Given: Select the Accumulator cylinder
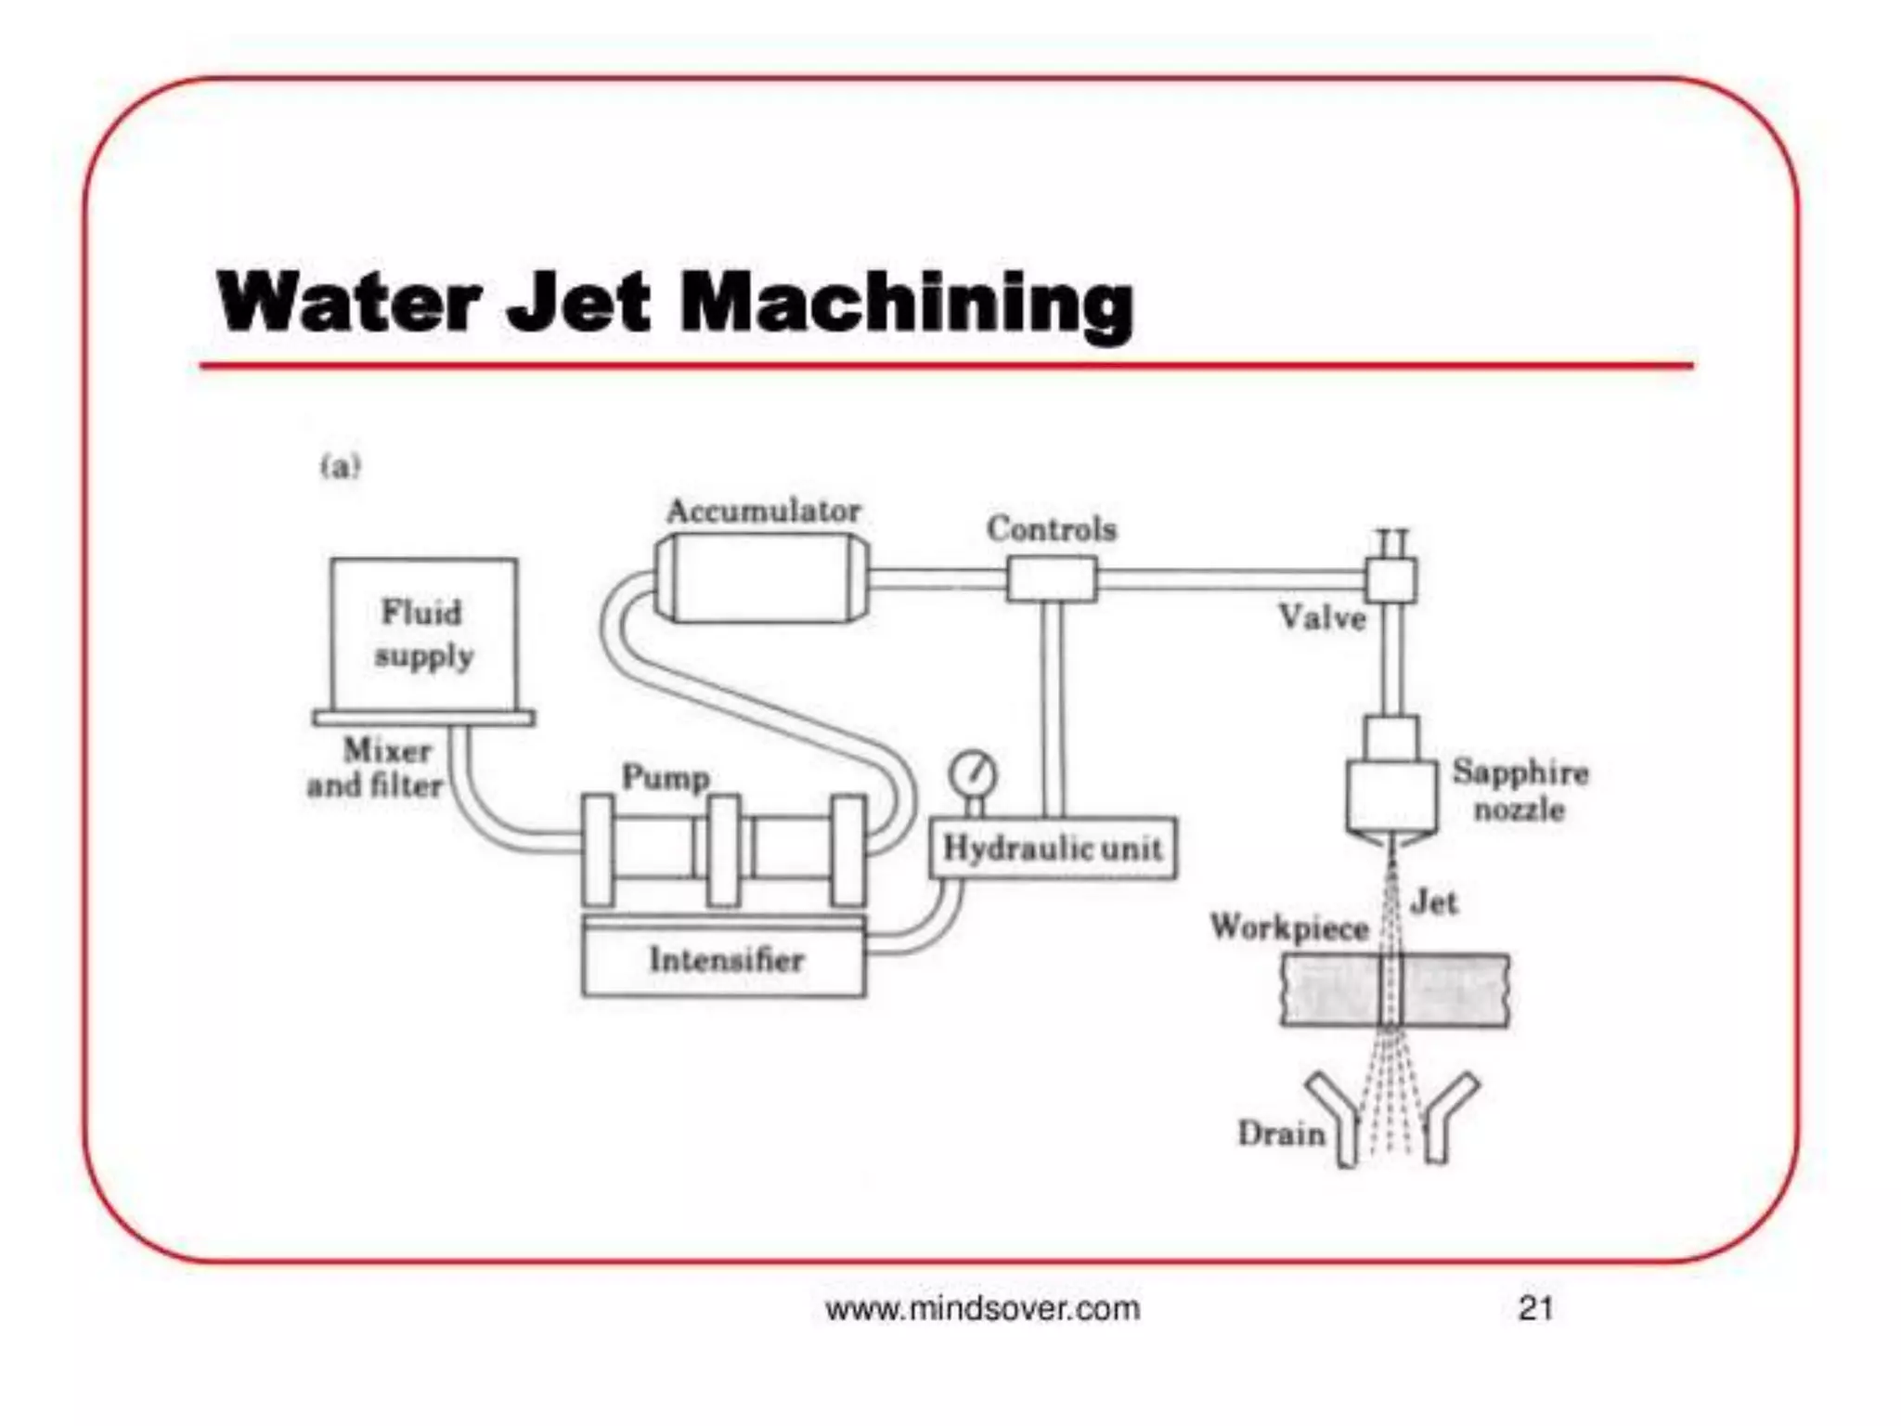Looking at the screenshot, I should click(762, 578).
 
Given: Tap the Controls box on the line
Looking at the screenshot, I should click(1052, 579).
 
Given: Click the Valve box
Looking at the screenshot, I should click(1390, 580).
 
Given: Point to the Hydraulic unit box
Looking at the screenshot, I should click(1053, 848).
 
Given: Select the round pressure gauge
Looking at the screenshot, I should click(973, 773).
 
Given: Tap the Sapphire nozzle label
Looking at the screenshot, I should click(1520, 790).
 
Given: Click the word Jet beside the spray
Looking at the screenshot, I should click(1433, 902).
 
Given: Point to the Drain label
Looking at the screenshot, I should click(1281, 1134).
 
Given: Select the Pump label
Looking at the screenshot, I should click(666, 777).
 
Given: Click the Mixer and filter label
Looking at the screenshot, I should click(377, 768).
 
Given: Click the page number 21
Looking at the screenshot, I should click(1535, 1308).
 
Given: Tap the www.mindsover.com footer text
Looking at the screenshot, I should click(982, 1309).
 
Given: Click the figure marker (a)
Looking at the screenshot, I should click(340, 466).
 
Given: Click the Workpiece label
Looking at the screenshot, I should click(1288, 927).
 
